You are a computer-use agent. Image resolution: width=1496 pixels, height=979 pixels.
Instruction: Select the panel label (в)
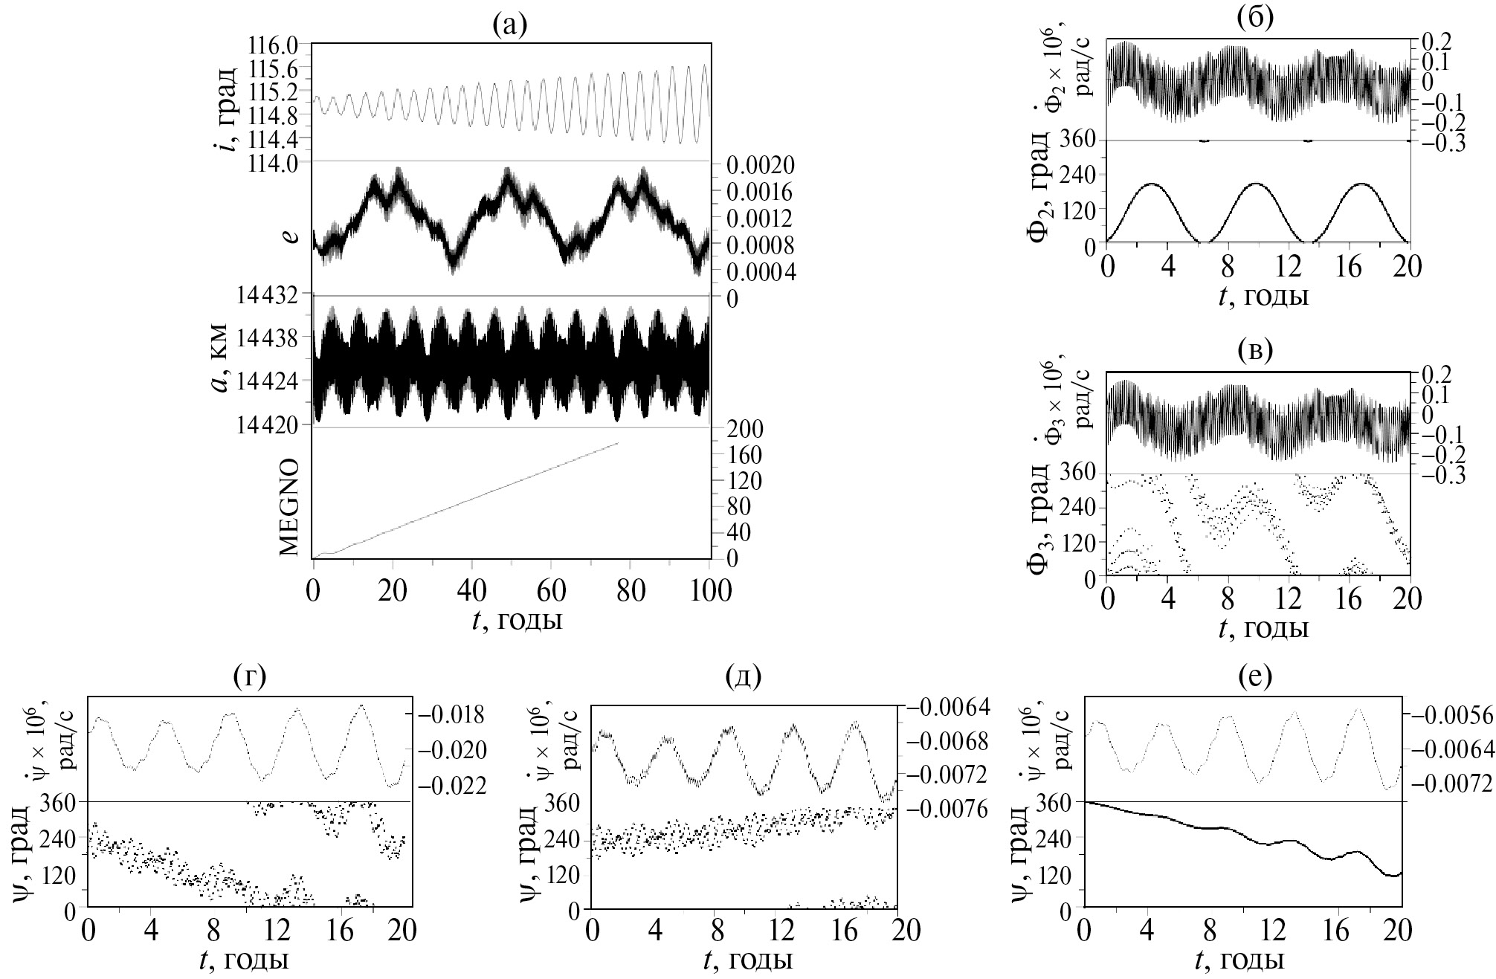[1255, 349]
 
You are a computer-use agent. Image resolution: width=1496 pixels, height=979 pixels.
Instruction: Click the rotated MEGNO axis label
[290, 507]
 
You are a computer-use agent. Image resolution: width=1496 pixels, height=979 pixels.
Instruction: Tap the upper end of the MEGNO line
[617, 444]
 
